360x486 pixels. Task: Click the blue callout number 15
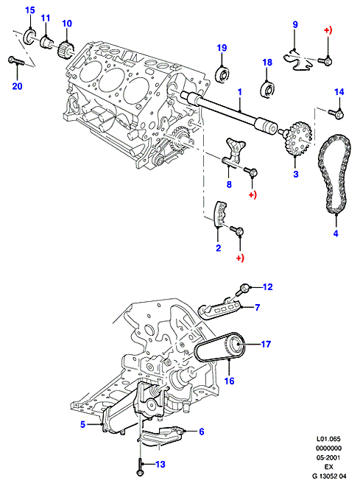click(29, 10)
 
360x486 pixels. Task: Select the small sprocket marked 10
click(66, 49)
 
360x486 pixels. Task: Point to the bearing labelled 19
click(222, 75)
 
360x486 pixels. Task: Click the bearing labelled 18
click(267, 89)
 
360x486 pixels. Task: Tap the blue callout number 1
click(239, 92)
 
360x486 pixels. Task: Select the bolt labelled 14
click(336, 113)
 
